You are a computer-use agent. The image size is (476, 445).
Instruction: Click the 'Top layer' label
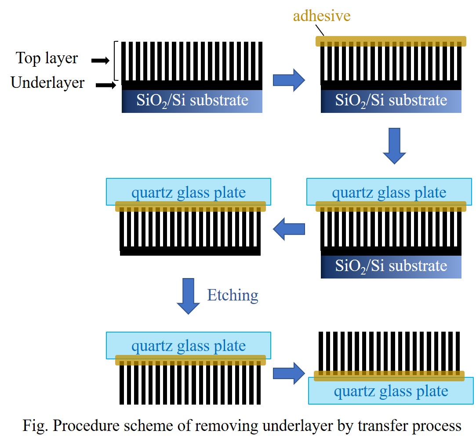point(47,58)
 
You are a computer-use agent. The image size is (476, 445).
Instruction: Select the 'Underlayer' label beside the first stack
point(47,83)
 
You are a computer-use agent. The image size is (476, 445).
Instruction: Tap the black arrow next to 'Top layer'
point(100,61)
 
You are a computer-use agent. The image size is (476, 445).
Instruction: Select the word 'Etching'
point(233,295)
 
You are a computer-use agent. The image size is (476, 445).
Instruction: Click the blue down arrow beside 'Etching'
point(188,296)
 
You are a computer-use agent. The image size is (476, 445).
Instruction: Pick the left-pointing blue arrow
point(289,230)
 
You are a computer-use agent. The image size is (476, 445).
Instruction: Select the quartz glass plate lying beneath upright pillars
point(391,391)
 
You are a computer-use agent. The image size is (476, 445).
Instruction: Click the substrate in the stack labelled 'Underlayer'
point(192,101)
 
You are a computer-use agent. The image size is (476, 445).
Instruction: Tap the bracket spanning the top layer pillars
point(116,61)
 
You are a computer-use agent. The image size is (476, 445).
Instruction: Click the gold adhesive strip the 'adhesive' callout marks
point(391,41)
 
